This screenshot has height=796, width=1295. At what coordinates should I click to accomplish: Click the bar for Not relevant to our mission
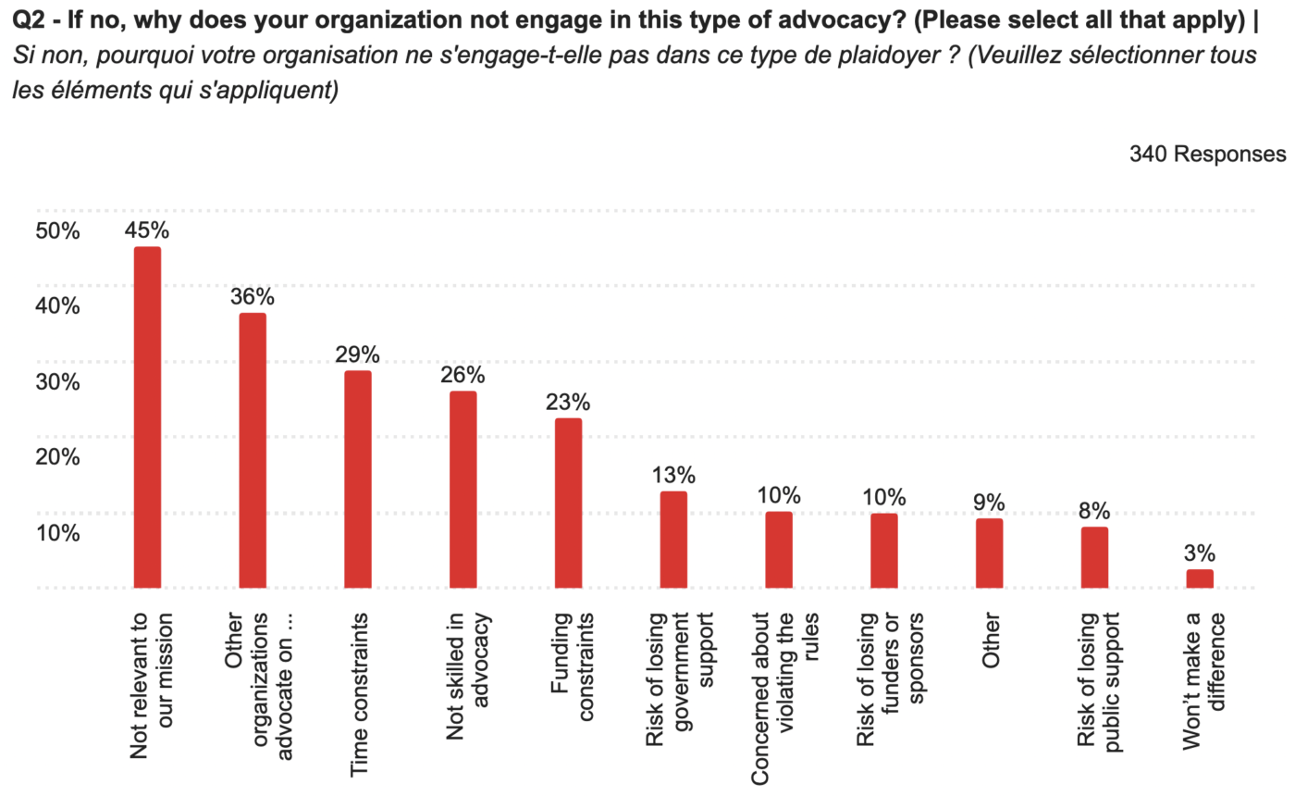(147, 417)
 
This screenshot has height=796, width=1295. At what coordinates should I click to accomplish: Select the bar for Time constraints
(357, 479)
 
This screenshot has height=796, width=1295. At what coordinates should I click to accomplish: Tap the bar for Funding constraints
(568, 503)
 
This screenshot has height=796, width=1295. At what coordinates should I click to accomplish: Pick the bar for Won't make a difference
(1200, 578)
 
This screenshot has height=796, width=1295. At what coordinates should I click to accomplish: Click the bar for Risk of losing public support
(1094, 557)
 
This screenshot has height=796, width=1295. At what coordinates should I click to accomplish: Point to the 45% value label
(147, 230)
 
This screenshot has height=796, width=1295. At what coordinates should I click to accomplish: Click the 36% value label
(253, 297)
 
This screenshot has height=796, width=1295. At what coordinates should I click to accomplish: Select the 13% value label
(672, 475)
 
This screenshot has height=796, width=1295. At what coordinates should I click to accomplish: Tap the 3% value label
(1200, 553)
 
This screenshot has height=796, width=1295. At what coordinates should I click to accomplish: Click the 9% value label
(989, 503)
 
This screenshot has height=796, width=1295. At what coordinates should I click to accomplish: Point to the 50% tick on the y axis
(57, 231)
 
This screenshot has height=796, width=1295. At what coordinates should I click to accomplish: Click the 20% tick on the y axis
(57, 457)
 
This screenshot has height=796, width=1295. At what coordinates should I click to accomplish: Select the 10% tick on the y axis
(57, 533)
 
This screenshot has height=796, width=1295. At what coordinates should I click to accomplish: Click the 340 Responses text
(1206, 154)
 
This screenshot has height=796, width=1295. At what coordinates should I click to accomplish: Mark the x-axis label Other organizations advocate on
(253, 683)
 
